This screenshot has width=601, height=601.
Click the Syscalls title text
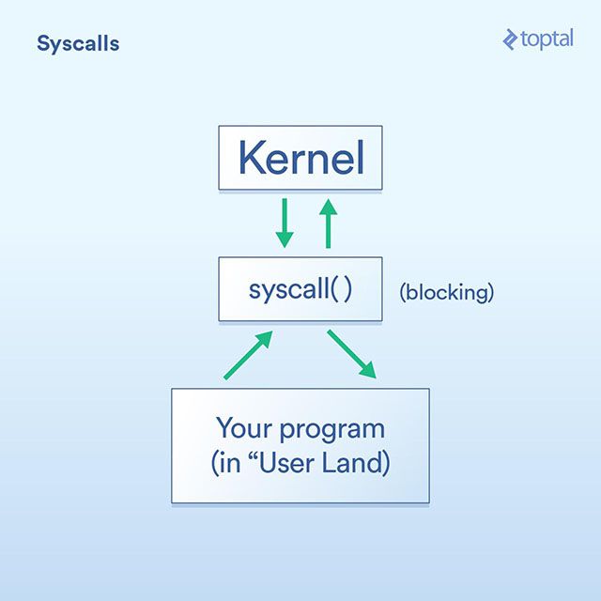pyautogui.click(x=78, y=44)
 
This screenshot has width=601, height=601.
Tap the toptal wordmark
pyautogui.click(x=547, y=39)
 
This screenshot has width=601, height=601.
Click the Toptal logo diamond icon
pyautogui.click(x=510, y=39)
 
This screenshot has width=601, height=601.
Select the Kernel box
pyautogui.click(x=300, y=158)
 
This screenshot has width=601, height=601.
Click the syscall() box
pyautogui.click(x=300, y=289)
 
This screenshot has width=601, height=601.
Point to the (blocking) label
pyautogui.click(x=447, y=292)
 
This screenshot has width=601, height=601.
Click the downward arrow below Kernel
pyautogui.click(x=285, y=223)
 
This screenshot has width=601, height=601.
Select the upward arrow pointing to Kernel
pyautogui.click(x=328, y=223)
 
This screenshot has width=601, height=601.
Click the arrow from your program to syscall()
pyautogui.click(x=248, y=355)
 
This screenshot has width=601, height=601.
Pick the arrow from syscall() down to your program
pyautogui.click(x=352, y=355)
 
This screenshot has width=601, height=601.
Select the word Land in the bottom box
pyautogui.click(x=352, y=462)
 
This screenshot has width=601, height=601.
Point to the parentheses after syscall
pyautogui.click(x=341, y=288)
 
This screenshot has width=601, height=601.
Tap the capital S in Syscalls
pyautogui.click(x=43, y=43)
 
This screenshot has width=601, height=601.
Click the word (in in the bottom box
pyautogui.click(x=225, y=463)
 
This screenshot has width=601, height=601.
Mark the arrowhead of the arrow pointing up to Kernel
pyautogui.click(x=328, y=207)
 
